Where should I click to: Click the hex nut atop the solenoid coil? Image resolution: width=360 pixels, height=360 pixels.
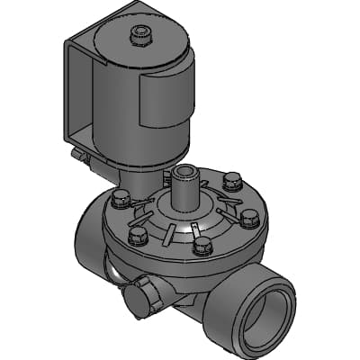[139, 36]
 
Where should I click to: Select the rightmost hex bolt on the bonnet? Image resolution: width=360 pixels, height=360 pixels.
[251, 217]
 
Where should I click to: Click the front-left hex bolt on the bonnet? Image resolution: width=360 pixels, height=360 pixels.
[138, 236]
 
